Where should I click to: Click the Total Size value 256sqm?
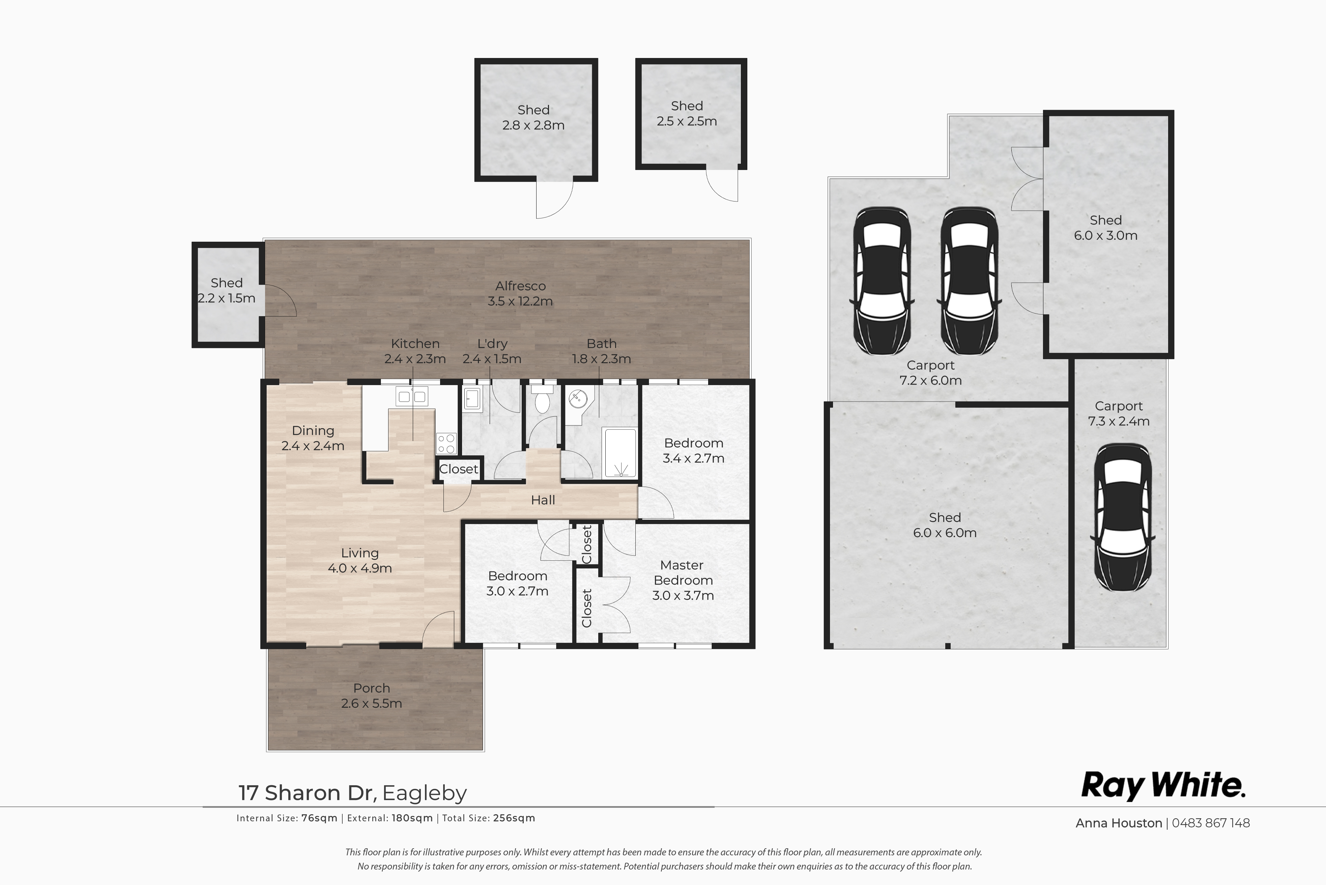(x=514, y=818)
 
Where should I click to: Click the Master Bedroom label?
(x=683, y=580)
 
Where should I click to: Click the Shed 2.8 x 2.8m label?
(x=534, y=117)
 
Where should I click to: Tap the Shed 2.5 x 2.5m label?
(x=686, y=113)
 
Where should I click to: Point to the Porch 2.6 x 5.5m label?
(x=371, y=695)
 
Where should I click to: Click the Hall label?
(x=543, y=500)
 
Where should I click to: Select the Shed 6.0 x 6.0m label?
(x=944, y=525)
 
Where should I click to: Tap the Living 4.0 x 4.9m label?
(x=359, y=560)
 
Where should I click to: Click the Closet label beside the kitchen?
(x=458, y=469)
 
